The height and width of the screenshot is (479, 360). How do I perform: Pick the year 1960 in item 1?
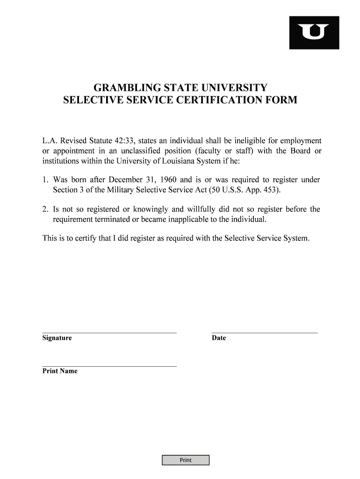click(166, 180)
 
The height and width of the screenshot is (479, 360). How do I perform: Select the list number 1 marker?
click(45, 180)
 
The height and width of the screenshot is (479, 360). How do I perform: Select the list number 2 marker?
click(45, 210)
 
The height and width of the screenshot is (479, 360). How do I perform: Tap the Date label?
click(218, 338)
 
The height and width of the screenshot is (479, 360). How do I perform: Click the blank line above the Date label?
click(265, 332)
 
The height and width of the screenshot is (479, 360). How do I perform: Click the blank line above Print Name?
click(109, 366)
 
